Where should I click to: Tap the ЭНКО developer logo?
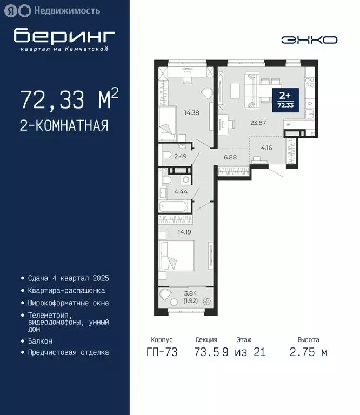coord(309,40)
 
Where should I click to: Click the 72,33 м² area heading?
coord(69,99)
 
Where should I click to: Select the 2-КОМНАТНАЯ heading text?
coord(64,126)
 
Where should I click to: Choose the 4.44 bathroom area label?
coord(181,191)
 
